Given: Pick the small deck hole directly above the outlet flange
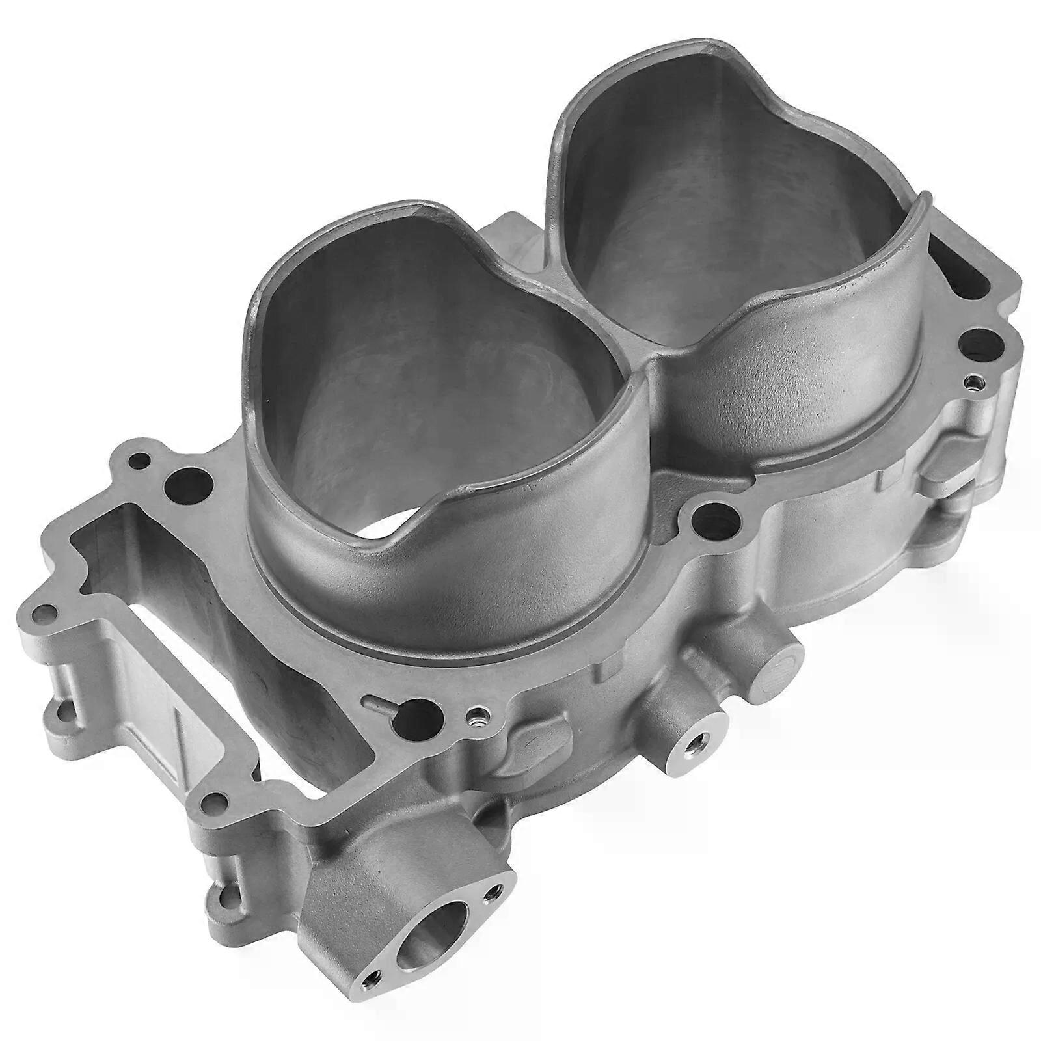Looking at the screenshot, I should [x=210, y=799].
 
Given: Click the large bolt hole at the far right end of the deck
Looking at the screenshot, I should [x=974, y=340].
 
